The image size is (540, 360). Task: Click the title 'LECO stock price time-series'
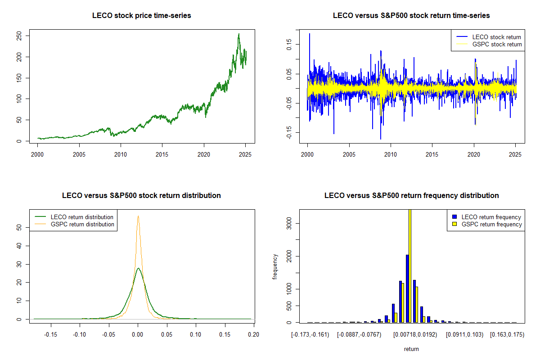pyautogui.click(x=141, y=16)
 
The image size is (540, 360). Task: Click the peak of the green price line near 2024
pyautogui.click(x=238, y=34)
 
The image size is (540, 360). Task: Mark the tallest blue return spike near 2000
pyautogui.click(x=309, y=34)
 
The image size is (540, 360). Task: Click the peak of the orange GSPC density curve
pyautogui.click(x=138, y=216)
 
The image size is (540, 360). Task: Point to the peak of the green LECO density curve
pyautogui.click(x=138, y=268)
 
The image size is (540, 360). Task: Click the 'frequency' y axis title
pyautogui.click(x=275, y=266)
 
